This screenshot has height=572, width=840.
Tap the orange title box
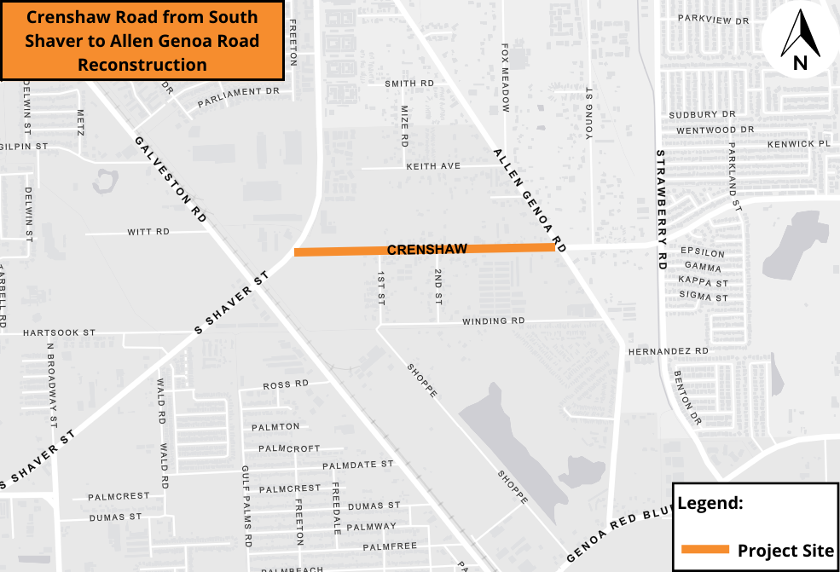pyautogui.click(x=142, y=40)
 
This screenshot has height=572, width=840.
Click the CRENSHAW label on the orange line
pyautogui.click(x=426, y=249)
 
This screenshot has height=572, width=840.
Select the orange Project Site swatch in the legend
pyautogui.click(x=704, y=550)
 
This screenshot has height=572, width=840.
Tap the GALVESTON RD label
pyautogui.click(x=171, y=179)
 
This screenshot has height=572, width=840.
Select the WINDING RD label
pyautogui.click(x=494, y=321)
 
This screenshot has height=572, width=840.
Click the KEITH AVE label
pyautogui.click(x=433, y=165)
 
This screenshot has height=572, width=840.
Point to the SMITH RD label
pyautogui.click(x=409, y=84)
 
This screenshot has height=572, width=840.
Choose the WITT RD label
pyautogui.click(x=148, y=232)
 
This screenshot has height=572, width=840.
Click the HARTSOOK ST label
pyautogui.click(x=59, y=332)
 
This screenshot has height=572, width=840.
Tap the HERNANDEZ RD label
pyautogui.click(x=668, y=351)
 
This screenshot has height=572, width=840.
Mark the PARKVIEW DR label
pyautogui.click(x=713, y=18)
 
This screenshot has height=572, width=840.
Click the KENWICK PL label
pyautogui.click(x=798, y=144)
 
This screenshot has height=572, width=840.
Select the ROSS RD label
pyautogui.click(x=286, y=384)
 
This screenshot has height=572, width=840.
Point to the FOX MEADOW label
pyautogui.click(x=505, y=78)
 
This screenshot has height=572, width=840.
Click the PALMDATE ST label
pyautogui.click(x=358, y=465)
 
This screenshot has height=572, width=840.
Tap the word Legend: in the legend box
pyautogui.click(x=710, y=503)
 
